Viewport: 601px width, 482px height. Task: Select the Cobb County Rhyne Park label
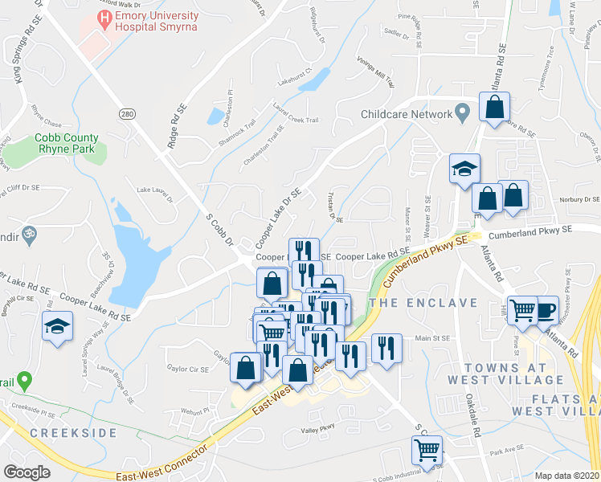65,143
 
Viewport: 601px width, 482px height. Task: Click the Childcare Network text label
407,114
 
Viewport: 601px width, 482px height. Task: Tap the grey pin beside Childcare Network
463,114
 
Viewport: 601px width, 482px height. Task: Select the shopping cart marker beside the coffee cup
524,310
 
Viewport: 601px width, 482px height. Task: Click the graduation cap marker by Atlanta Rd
464,170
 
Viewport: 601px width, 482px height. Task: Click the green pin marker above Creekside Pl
24,378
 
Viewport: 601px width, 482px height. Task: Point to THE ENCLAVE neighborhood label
423,303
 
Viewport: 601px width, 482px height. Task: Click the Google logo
27,472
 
